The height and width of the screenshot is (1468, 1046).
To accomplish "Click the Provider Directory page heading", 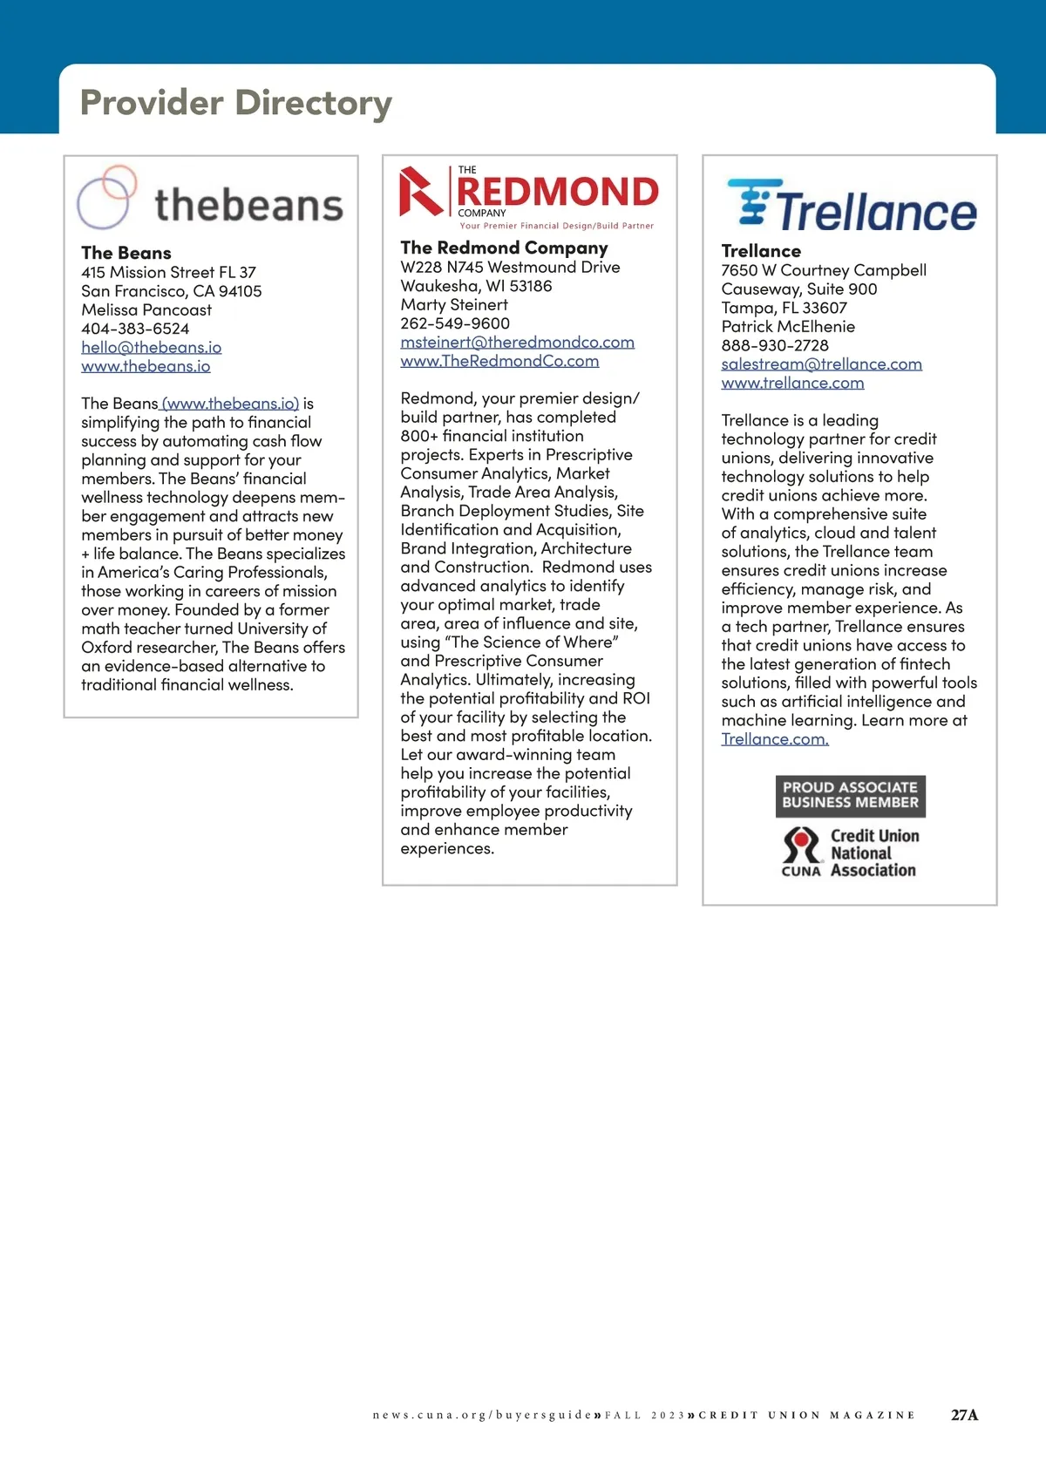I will pyautogui.click(x=235, y=103).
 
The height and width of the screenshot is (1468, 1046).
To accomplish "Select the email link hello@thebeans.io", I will pyautogui.click(x=151, y=347).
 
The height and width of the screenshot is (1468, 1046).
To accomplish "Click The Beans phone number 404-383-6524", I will pyautogui.click(x=135, y=329).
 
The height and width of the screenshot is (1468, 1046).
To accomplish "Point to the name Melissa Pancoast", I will pyautogui.click(x=146, y=309).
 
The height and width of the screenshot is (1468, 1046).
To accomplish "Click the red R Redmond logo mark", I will pyautogui.click(x=421, y=192).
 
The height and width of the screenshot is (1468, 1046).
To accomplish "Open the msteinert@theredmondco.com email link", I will pyautogui.click(x=517, y=342).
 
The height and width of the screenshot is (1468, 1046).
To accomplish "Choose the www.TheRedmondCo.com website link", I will pyautogui.click(x=499, y=361).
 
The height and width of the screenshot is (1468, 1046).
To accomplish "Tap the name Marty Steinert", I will pyautogui.click(x=454, y=304).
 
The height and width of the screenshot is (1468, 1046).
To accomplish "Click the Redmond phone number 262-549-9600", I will pyautogui.click(x=455, y=323).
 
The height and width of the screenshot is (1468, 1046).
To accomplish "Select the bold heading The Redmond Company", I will pyautogui.click(x=504, y=248).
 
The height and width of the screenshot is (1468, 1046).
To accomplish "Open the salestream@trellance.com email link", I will pyautogui.click(x=821, y=364).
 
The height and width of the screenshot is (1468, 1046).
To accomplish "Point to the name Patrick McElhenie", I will pyautogui.click(x=788, y=326).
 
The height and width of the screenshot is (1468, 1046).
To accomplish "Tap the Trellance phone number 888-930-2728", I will pyautogui.click(x=775, y=345).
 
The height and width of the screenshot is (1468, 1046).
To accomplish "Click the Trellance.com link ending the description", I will pyautogui.click(x=775, y=739).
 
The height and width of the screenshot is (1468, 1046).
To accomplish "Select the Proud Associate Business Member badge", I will pyautogui.click(x=850, y=795).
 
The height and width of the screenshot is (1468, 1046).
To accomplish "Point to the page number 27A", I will pyautogui.click(x=964, y=1415).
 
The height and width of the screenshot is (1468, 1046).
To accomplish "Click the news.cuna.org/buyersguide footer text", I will pyautogui.click(x=482, y=1415).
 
